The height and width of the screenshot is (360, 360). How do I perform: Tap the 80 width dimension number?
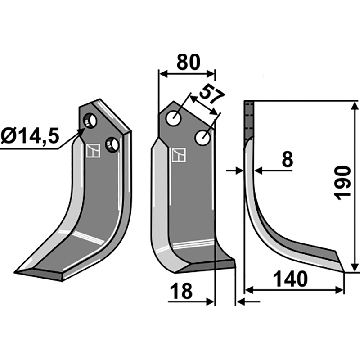[x=188, y=62]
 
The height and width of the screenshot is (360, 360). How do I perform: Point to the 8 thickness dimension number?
[x=287, y=159]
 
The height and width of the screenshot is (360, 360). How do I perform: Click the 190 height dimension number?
[x=342, y=183]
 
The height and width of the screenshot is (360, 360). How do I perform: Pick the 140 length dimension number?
[x=291, y=279]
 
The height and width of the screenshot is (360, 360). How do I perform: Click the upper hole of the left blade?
[x=90, y=121]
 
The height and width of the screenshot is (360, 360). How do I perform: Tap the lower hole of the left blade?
[x=112, y=144]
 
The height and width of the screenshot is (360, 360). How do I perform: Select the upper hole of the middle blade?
[x=174, y=118]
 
